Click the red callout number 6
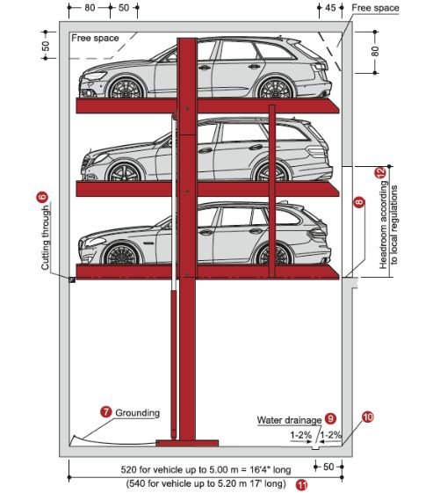click(x=42, y=197)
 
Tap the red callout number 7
click(x=106, y=412)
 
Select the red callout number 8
click(x=359, y=201)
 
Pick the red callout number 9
click(x=330, y=418)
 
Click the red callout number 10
click(x=368, y=417)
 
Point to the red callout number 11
click(x=302, y=484)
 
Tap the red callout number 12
click(x=380, y=172)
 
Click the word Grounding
click(x=137, y=413)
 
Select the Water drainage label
click(x=289, y=420)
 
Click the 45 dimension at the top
click(x=330, y=8)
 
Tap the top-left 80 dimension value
click(x=90, y=8)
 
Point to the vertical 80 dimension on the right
click(x=375, y=51)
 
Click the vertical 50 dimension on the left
click(x=46, y=47)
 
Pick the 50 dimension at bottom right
click(x=328, y=467)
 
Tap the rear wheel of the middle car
click(x=271, y=173)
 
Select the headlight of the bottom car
click(x=95, y=242)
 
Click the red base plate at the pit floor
click(x=187, y=443)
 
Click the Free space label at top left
click(x=95, y=38)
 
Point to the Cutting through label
click(x=46, y=237)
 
